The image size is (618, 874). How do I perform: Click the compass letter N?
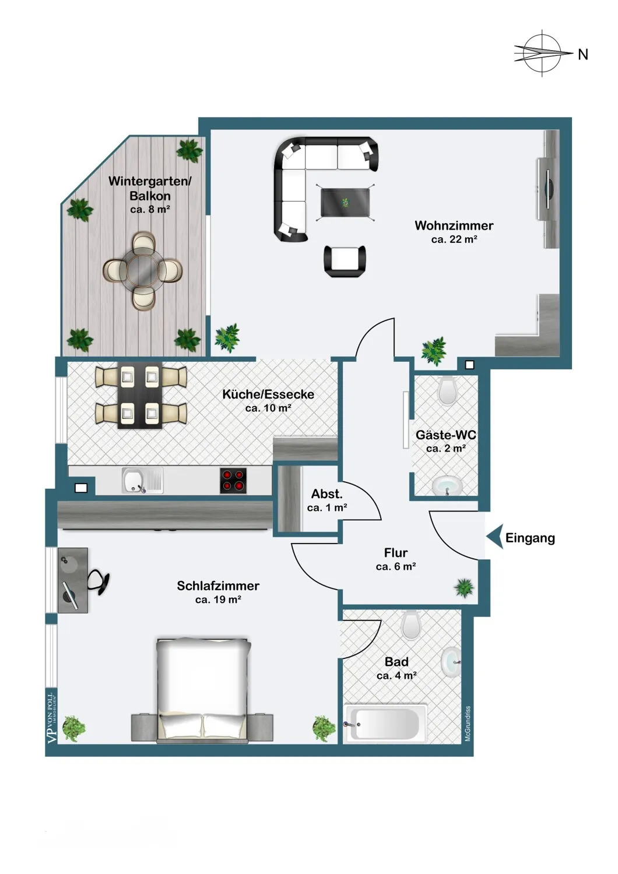(x=582, y=55)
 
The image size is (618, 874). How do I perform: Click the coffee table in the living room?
(x=346, y=202)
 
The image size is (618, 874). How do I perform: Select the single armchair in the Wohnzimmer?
(x=345, y=262)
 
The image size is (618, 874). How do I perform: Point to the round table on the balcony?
(x=143, y=270)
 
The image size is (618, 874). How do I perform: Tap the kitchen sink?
(x=142, y=480)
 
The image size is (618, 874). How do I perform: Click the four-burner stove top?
(x=233, y=481)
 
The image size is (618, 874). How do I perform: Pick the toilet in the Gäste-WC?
(x=448, y=390)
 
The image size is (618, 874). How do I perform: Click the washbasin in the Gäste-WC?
(x=447, y=485)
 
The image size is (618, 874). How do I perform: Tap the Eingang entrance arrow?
(x=494, y=537)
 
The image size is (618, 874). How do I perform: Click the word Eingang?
(x=530, y=538)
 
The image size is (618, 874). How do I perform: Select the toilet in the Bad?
(x=410, y=625)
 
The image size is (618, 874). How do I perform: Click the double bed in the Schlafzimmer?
(x=202, y=690)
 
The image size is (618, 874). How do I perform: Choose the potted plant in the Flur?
(x=464, y=587)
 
